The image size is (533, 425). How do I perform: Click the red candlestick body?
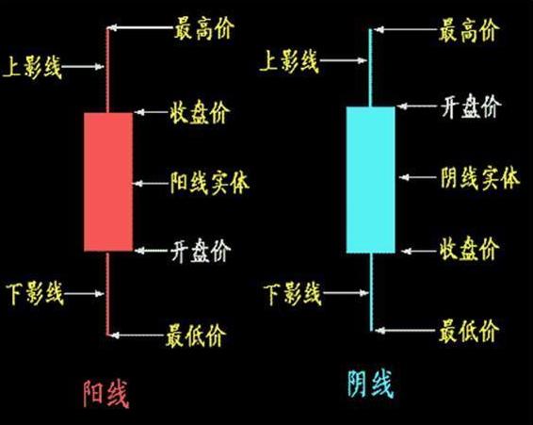click(x=107, y=181)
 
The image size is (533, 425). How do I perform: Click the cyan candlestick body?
click(x=370, y=179)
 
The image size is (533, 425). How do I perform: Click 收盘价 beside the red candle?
click(x=201, y=113)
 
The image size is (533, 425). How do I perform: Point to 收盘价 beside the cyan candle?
click(x=469, y=252)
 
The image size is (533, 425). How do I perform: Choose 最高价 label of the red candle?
click(x=204, y=30)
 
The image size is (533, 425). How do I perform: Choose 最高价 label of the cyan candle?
click(x=469, y=30)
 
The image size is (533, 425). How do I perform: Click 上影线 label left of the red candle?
click(x=34, y=65)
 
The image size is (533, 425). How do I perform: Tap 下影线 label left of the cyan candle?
click(x=293, y=292)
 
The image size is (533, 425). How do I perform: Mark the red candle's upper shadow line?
click(x=107, y=71)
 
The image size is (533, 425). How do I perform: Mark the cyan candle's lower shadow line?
click(x=370, y=292)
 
